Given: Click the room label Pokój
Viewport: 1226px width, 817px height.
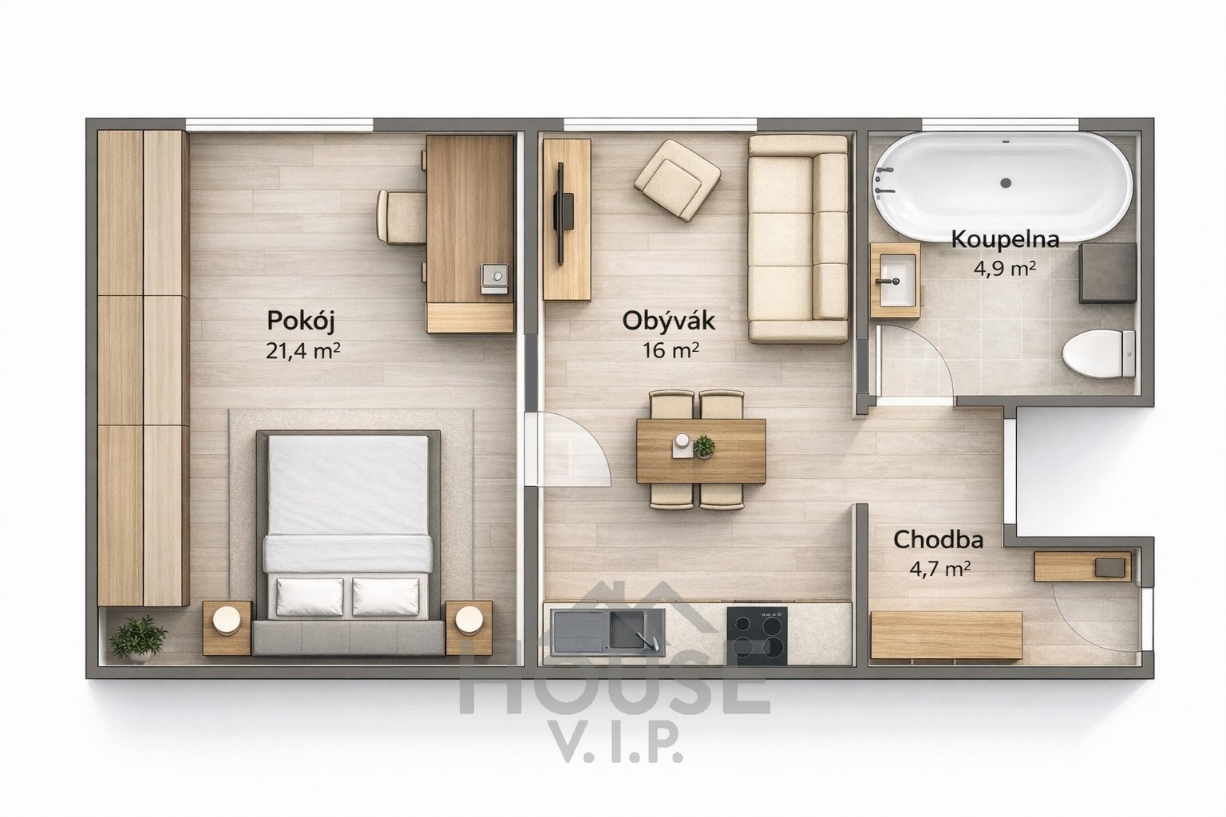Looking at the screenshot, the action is [300, 322].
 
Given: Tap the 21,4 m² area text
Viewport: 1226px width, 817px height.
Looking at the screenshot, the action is [303, 351].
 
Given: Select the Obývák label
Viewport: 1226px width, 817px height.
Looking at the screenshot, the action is [669, 322].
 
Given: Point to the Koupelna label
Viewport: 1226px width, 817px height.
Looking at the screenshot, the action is [1005, 240].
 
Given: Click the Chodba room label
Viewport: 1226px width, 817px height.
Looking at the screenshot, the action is [938, 539].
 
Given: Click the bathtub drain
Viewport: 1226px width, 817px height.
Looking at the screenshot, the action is [1006, 184].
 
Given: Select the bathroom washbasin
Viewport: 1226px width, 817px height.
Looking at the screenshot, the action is [896, 279].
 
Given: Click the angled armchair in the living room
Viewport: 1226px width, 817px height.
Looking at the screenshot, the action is [678, 180].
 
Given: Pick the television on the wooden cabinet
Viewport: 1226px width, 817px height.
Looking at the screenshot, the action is [563, 213].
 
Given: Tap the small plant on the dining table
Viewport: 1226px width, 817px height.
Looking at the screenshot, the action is [704, 447].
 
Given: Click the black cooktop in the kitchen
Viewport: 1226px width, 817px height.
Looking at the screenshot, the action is [757, 635].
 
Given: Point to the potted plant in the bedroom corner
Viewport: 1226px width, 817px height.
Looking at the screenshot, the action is [137, 638].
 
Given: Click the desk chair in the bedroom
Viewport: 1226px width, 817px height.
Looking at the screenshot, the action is [401, 217].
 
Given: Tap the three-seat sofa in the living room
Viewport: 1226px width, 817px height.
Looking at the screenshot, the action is [798, 239].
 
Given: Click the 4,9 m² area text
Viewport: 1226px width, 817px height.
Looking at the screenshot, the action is [1004, 269].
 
